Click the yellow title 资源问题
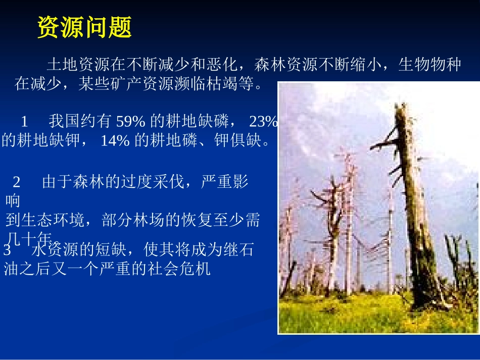pos(84,27)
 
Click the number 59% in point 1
pos(131,122)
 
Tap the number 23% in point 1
pos(263,122)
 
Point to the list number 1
pos(24,122)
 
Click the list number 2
pos(16,182)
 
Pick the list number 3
pos(7,251)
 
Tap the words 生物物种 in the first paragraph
pos(429,65)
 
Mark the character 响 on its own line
pos(13,201)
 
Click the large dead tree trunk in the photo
pos(417,227)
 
